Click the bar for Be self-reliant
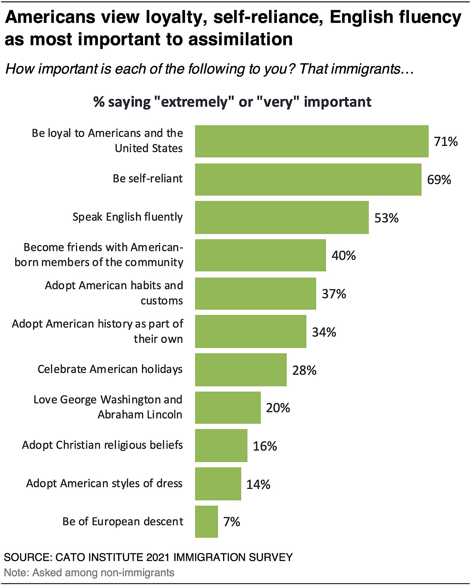(x=308, y=179)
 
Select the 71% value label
(x=445, y=142)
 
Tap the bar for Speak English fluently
(x=282, y=217)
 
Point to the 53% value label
(x=386, y=218)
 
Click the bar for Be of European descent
(x=206, y=522)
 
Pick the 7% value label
(x=231, y=522)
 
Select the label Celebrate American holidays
(x=110, y=369)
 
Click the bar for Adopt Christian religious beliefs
(x=221, y=446)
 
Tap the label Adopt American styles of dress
(x=104, y=483)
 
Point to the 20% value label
(x=278, y=408)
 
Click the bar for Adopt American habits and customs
(x=255, y=293)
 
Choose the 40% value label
(x=343, y=256)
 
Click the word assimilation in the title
(x=240, y=39)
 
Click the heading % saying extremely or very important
(x=232, y=102)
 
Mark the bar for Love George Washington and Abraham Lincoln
(x=228, y=408)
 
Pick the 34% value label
(x=324, y=332)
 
